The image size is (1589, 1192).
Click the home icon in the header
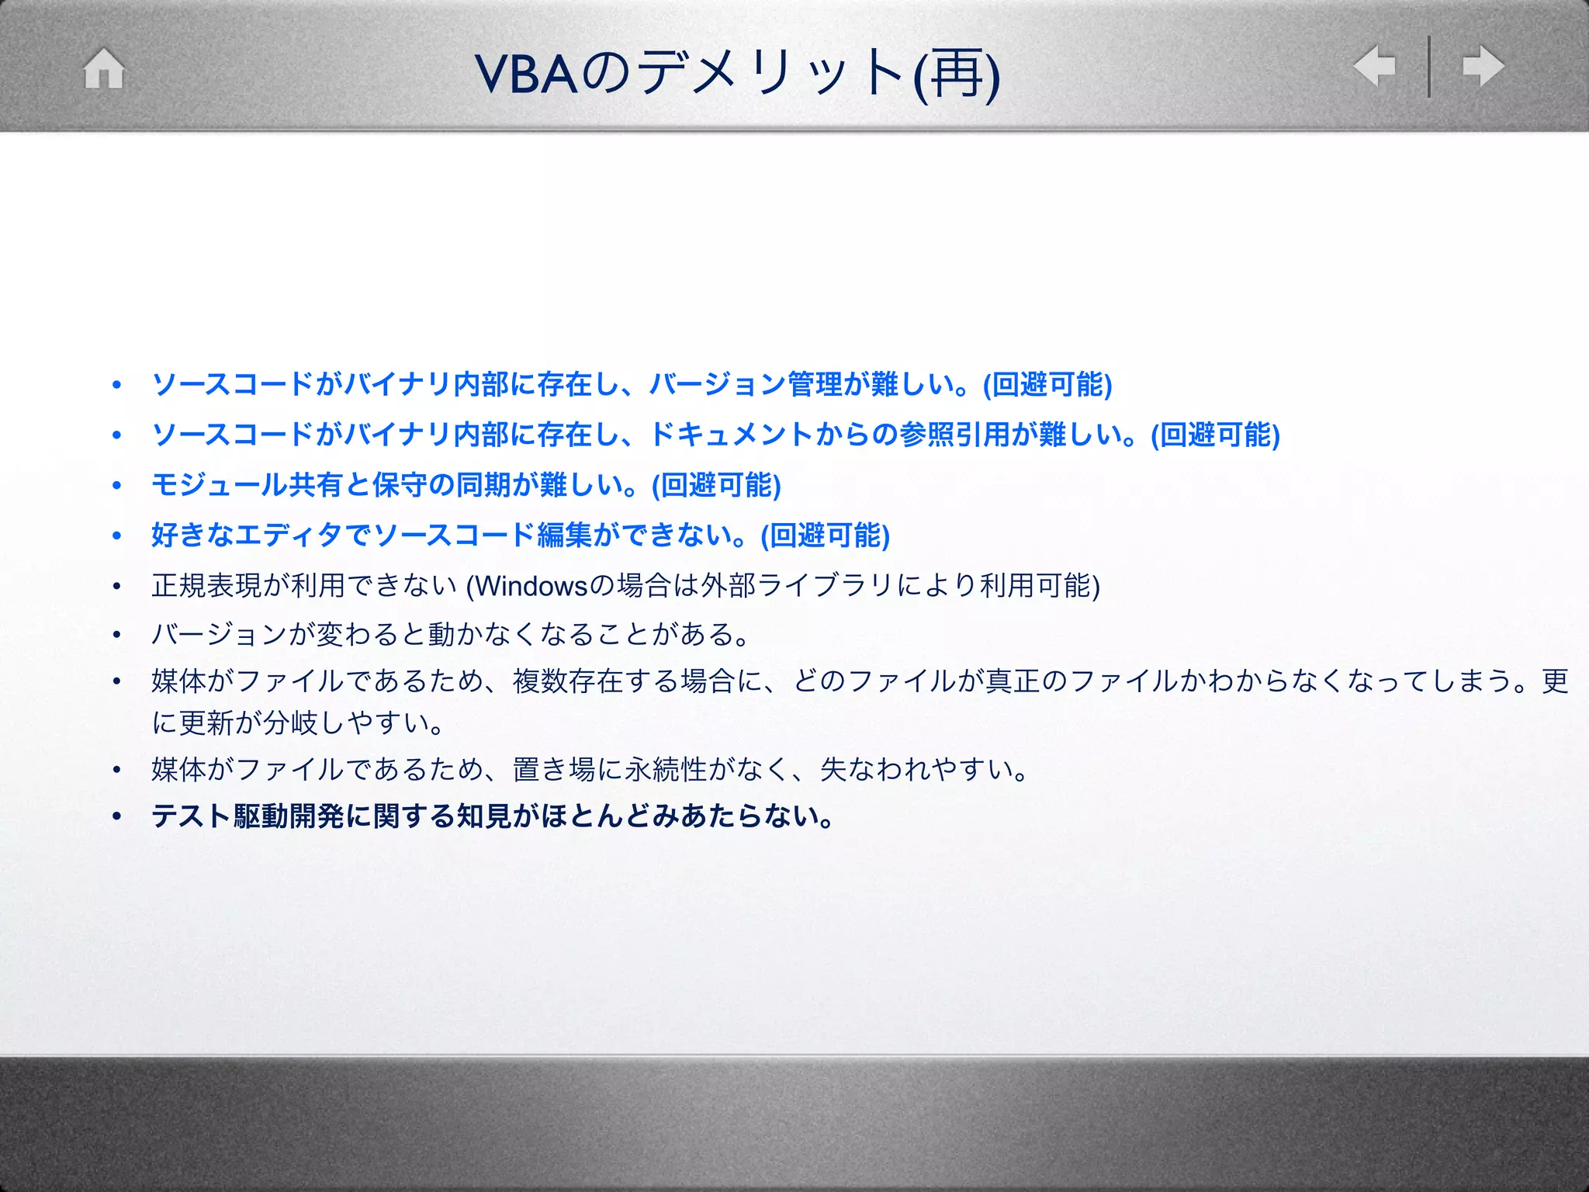(104, 68)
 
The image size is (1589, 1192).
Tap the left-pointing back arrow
(1374, 66)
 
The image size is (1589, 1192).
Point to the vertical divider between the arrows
(1429, 67)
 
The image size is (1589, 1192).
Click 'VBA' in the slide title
(527, 74)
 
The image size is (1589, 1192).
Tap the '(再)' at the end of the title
(956, 74)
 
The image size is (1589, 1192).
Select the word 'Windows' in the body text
(532, 586)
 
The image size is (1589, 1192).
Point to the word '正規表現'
(206, 586)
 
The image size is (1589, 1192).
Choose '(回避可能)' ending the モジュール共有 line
(715, 485)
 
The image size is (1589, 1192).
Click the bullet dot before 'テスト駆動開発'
(116, 816)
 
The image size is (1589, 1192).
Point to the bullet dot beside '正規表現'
(116, 587)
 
